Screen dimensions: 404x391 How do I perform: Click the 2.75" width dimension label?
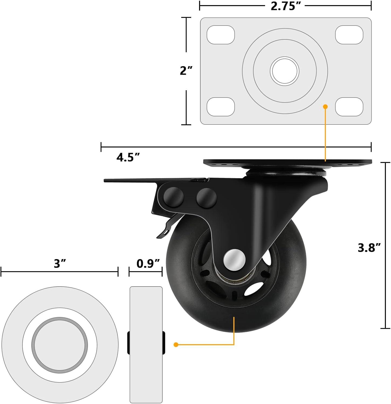pyautogui.click(x=286, y=6)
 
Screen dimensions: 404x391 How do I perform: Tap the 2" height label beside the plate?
pyautogui.click(x=186, y=71)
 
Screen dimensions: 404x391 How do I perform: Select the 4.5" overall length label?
pyautogui.click(x=128, y=157)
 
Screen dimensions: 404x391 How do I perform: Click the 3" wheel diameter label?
pyautogui.click(x=60, y=263)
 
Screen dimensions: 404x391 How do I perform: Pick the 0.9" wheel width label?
pyautogui.click(x=148, y=263)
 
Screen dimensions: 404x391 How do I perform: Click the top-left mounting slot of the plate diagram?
pyautogui.click(x=221, y=35)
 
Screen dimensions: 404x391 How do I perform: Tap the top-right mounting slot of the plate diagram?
pyautogui.click(x=349, y=35)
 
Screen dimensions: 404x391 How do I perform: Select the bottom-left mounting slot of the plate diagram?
pyautogui.click(x=221, y=107)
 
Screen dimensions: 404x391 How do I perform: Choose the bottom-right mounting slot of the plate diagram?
pyautogui.click(x=349, y=107)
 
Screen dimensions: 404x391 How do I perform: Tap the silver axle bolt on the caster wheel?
pyautogui.click(x=234, y=259)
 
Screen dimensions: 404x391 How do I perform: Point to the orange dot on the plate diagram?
pyautogui.click(x=325, y=107)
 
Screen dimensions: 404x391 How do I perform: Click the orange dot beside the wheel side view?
pyautogui.click(x=176, y=344)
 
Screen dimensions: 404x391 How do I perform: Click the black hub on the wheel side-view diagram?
pyautogui.click(x=146, y=343)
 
